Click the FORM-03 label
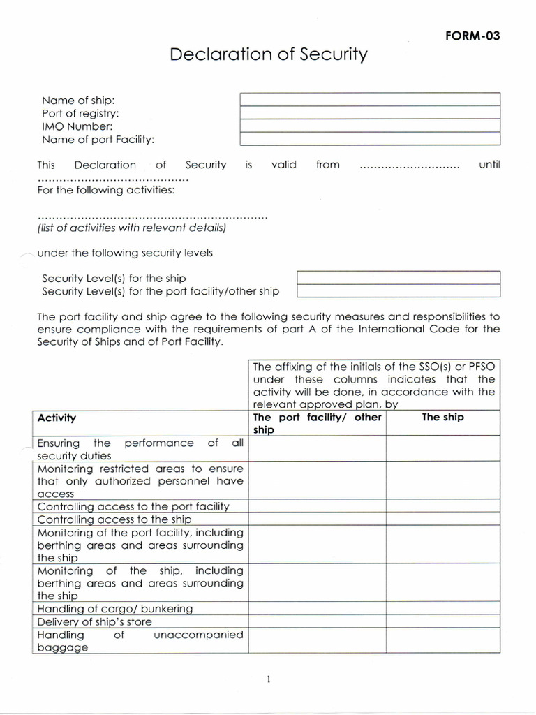click(x=472, y=37)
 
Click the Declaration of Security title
click(x=268, y=54)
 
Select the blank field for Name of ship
click(x=370, y=99)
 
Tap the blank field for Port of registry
click(x=370, y=112)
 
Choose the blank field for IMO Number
click(x=370, y=126)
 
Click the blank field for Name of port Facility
click(x=370, y=139)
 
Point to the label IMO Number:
click(x=77, y=126)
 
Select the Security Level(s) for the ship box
click(x=399, y=277)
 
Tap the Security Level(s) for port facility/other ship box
click(x=399, y=290)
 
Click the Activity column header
click(x=57, y=418)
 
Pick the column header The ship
click(x=442, y=417)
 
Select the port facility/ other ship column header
click(x=317, y=423)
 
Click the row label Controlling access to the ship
click(x=114, y=519)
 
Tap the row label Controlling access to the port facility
click(x=133, y=506)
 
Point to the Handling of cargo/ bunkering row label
click(x=114, y=609)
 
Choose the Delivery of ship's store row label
click(x=94, y=621)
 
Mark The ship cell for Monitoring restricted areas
click(x=442, y=480)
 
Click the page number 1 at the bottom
click(x=268, y=679)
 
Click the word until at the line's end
click(x=489, y=165)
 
